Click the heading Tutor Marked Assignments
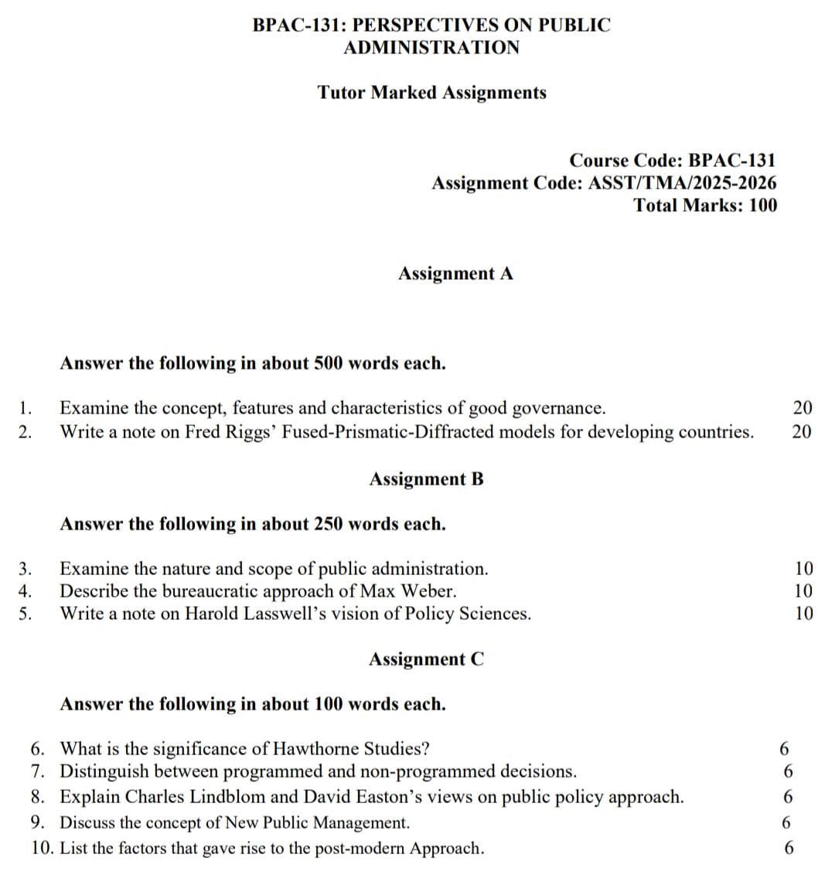click(431, 93)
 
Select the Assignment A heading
click(455, 274)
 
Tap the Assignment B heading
click(426, 479)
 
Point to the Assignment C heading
click(426, 659)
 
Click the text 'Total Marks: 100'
click(705, 206)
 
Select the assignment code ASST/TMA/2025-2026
click(683, 183)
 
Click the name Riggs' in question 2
click(251, 431)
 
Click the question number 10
click(43, 849)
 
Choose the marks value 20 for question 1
click(802, 408)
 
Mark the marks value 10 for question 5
click(803, 614)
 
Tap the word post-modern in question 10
click(359, 849)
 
